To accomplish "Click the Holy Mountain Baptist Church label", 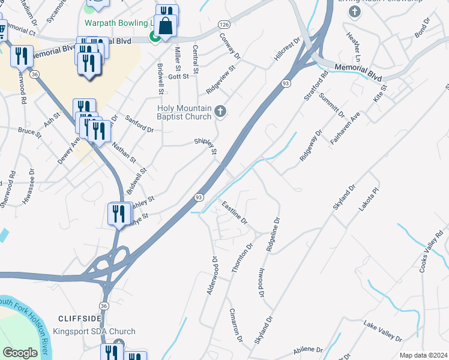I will coord(184,112).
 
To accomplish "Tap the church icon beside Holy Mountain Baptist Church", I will coord(220,110).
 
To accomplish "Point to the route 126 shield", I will coord(224,25).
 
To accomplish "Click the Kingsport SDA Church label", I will coord(94,331).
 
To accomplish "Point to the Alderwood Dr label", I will coord(211,276).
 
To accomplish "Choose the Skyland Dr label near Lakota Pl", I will coord(345,198).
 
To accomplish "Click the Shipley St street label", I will coord(205,146).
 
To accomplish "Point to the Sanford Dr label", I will coord(139,124).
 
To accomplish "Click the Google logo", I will coord(20,353).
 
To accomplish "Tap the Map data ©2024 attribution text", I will coord(423,355).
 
